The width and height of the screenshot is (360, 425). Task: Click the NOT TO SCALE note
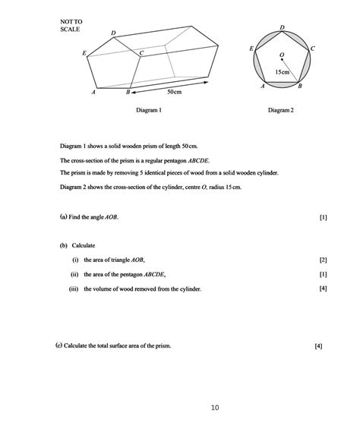(70, 24)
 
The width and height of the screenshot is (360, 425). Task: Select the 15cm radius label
(282, 72)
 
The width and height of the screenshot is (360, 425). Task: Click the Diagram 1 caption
(147, 111)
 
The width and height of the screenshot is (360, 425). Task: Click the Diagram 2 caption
(280, 111)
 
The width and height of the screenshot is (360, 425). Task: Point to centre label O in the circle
(281, 54)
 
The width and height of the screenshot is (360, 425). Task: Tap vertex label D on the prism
(113, 33)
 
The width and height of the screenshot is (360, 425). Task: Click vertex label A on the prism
(93, 92)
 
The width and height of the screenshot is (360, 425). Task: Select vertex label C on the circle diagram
(312, 48)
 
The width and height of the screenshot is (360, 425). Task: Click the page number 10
(215, 408)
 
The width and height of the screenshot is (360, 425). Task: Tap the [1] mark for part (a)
(324, 217)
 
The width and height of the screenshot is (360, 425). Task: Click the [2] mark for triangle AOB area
(323, 260)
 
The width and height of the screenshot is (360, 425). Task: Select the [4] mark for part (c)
(318, 346)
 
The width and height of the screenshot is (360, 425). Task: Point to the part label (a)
(63, 217)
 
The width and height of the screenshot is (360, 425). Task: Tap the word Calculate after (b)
(84, 246)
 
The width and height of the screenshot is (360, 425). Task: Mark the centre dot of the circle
(281, 62)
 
